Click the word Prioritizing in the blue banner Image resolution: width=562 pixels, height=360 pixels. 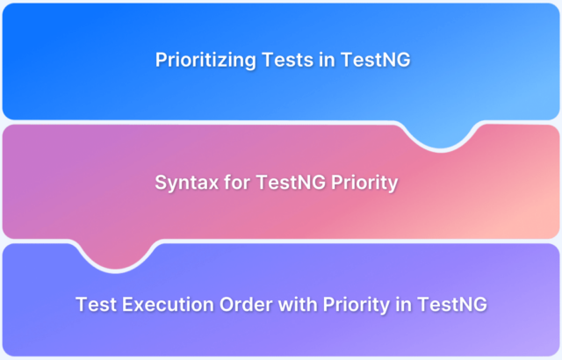205,60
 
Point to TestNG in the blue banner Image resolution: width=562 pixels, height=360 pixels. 375,60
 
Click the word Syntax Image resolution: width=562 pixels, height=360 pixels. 186,183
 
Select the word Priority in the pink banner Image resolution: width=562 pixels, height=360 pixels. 364,183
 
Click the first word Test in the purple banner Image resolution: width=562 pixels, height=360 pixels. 96,304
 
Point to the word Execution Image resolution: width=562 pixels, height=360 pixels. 168,304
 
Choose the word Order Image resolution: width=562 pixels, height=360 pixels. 246,304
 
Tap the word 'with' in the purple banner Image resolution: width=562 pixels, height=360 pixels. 297,304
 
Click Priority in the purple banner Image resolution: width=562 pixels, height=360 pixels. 356,305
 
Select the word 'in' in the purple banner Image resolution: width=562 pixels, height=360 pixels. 403,304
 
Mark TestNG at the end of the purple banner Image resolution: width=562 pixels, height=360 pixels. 452,304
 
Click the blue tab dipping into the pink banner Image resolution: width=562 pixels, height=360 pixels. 441,134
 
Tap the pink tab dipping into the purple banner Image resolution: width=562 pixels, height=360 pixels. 115,255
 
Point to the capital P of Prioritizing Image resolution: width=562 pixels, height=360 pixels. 161,60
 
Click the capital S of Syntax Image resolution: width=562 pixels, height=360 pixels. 161,182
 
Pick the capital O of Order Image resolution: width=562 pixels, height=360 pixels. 227,304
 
